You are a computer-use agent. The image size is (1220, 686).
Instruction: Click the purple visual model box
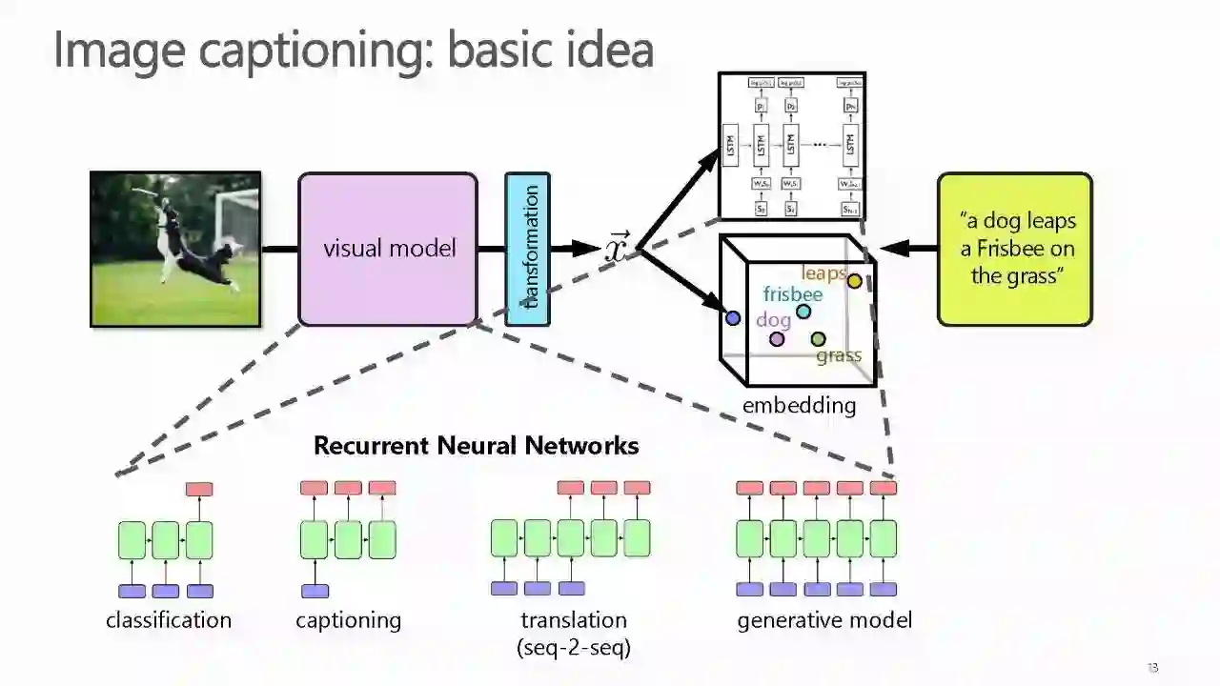(x=388, y=250)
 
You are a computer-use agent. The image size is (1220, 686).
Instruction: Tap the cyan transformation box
(x=527, y=249)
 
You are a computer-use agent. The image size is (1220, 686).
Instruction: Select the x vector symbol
(x=618, y=249)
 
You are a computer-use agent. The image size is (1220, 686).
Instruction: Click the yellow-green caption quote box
(x=1014, y=249)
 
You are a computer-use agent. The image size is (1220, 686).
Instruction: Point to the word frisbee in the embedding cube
(x=792, y=294)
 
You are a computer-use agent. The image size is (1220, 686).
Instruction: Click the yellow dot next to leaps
(x=855, y=281)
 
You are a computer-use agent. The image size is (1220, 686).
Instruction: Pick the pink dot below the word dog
(x=777, y=339)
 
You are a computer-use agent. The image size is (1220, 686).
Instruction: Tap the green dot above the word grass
(x=818, y=339)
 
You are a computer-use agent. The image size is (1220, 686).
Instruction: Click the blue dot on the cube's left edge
(x=732, y=318)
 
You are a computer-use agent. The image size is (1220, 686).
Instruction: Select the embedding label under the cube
(x=799, y=406)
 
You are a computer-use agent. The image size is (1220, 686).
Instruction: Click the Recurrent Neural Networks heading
(x=476, y=446)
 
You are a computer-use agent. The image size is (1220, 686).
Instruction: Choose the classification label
(x=169, y=620)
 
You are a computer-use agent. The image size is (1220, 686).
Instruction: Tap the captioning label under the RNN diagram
(x=348, y=620)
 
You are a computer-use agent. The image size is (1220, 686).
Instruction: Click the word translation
(x=574, y=620)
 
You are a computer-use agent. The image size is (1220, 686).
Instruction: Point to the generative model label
(x=824, y=620)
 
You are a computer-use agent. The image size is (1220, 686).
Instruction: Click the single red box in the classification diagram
(x=199, y=489)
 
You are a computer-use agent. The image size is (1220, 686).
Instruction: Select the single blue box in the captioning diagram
(x=315, y=591)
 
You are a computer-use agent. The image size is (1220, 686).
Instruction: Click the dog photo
(x=175, y=250)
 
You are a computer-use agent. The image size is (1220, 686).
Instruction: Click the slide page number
(x=1152, y=668)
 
